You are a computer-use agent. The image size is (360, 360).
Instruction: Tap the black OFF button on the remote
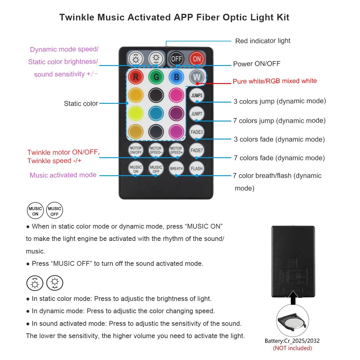coord(176,59)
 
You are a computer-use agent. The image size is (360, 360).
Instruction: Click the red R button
coord(136,77)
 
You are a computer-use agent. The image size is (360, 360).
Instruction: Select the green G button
coord(156,77)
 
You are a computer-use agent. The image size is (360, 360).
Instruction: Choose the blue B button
coord(176,77)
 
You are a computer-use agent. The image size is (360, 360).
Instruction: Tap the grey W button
coord(196,77)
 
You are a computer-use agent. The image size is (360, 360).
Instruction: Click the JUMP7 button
coord(196,114)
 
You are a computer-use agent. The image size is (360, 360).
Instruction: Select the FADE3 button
coord(196,132)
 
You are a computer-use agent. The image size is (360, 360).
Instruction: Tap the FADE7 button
coord(196,150)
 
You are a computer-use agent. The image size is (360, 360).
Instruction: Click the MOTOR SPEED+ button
coord(176,150)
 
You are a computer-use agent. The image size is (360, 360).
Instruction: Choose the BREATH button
coord(176,169)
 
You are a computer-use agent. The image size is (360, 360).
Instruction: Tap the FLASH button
coord(196,169)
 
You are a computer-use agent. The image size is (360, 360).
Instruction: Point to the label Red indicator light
coord(262,41)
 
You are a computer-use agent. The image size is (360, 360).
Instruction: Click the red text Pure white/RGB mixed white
coord(274,81)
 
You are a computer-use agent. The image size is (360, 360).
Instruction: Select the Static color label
coord(81,103)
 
